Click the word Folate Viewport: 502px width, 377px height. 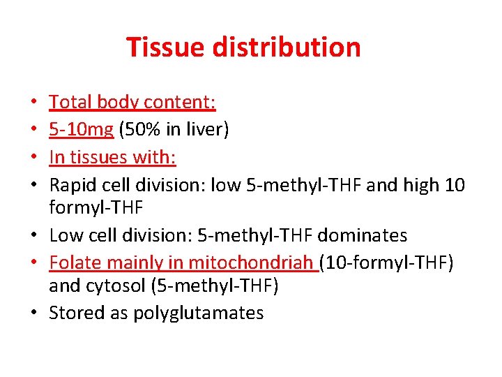click(x=73, y=263)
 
